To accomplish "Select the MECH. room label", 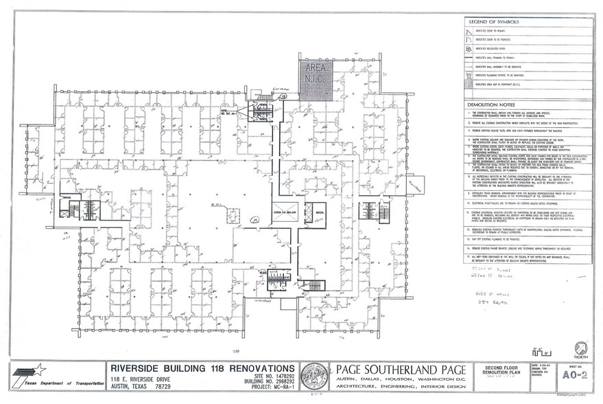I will click(x=319, y=213).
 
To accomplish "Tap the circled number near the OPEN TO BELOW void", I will click(x=254, y=219).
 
